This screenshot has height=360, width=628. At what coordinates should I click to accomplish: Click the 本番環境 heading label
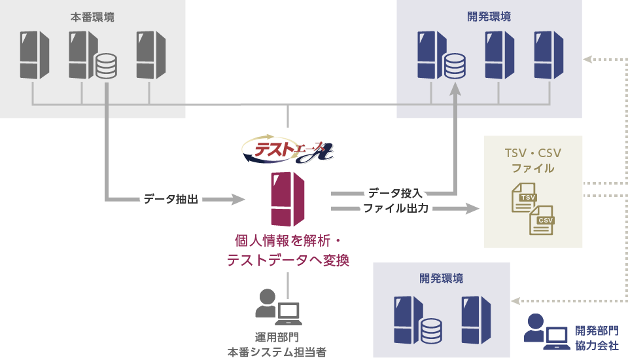92,18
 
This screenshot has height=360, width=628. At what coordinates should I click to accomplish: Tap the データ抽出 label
171,198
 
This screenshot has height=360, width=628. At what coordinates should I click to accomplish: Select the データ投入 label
395,193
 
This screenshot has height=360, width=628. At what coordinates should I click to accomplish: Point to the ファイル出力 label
396,209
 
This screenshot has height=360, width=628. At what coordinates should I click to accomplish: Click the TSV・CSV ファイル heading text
533,160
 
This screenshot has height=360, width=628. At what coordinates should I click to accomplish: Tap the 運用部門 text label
277,338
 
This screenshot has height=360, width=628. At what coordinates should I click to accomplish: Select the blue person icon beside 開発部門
535,327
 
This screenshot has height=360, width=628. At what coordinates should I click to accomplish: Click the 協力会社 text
597,346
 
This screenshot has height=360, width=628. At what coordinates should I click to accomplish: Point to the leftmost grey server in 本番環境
34,55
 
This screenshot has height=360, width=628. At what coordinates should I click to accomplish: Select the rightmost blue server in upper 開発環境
548,55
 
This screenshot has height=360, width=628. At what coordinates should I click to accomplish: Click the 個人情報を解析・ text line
288,240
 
